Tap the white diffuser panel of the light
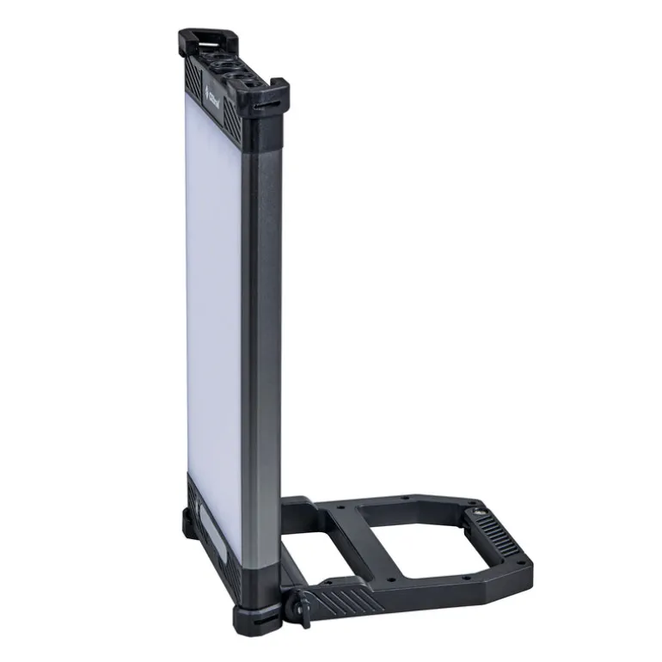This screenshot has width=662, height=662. pyautogui.click(x=212, y=284)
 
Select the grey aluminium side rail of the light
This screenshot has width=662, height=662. pyautogui.click(x=261, y=344)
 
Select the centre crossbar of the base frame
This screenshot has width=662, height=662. pyautogui.click(x=340, y=533)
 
